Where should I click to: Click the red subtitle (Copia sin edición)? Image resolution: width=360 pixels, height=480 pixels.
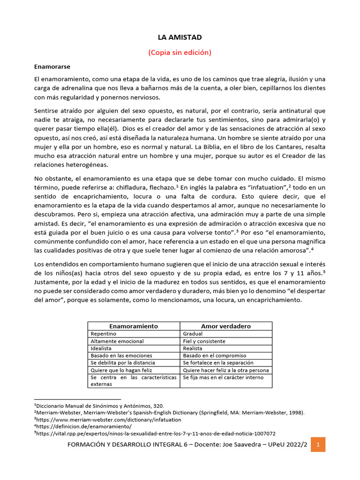tap(180, 52)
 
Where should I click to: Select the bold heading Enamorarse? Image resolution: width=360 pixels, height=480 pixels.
tap(52, 67)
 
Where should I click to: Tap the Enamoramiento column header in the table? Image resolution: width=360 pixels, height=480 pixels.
tap(134, 326)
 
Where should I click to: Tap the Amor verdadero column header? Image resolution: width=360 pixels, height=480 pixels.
tap(226, 326)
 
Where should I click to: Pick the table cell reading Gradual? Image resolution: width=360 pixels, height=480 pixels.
tap(193, 334)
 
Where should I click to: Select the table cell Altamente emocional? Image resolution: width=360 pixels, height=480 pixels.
tap(117, 341)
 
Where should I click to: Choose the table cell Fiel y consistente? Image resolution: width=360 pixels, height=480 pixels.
tap(204, 341)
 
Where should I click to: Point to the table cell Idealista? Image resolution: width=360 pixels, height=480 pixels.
tap(101, 348)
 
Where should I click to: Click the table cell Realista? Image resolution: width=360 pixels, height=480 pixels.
tap(193, 348)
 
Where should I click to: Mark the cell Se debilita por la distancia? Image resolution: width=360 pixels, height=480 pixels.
tap(121, 363)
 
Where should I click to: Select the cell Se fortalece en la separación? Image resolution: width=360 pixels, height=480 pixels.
tap(218, 363)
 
